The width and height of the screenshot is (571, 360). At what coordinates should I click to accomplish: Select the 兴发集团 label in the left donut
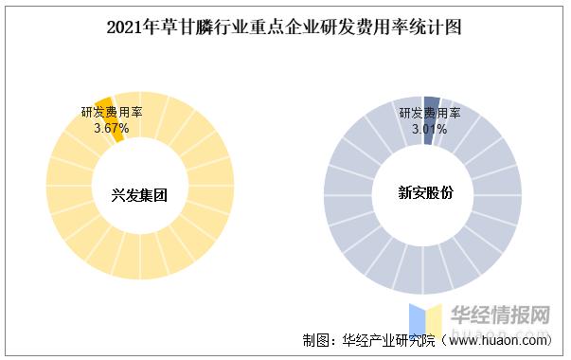tap(140, 195)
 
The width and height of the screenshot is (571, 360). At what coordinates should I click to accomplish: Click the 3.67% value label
tap(112, 127)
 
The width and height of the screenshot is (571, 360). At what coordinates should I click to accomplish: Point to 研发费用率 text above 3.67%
tap(112, 113)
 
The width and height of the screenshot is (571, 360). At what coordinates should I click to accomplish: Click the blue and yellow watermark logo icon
tap(425, 323)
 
